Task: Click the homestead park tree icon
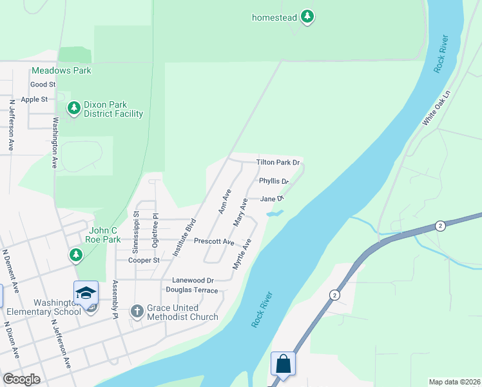pos(308,17)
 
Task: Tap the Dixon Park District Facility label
pos(113,110)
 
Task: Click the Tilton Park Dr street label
pos(278,163)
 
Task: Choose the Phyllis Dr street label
pos(274,182)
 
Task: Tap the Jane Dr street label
pos(272,199)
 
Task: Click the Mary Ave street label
pos(240,212)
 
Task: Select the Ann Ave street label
pos(224,201)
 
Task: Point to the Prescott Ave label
pos(215,241)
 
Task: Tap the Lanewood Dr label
pos(193,281)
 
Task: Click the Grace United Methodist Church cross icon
pos(137,312)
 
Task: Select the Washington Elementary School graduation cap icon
pos(86,293)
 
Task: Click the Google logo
pos(21,380)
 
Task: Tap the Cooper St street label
pos(144,260)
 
